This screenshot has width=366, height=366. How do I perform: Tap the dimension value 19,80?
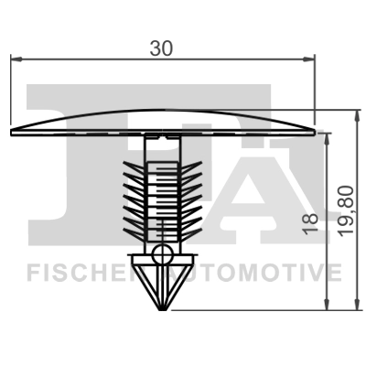[x=344, y=210]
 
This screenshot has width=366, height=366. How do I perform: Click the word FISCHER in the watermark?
[x=81, y=272]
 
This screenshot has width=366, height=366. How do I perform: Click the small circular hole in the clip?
[x=162, y=253]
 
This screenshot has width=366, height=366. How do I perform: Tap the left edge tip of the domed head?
[x=11, y=131]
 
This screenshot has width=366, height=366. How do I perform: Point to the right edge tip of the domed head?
[x=314, y=131]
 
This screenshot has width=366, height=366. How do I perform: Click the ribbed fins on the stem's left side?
[x=135, y=197]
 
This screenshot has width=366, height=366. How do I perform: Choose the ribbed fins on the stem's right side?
[x=188, y=197]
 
